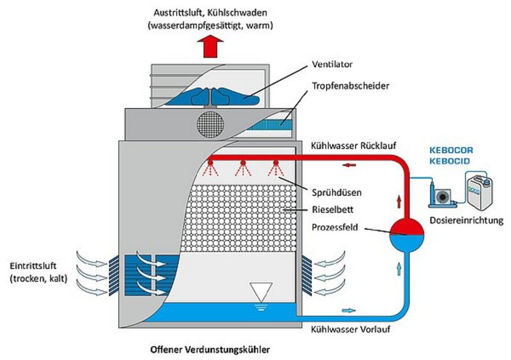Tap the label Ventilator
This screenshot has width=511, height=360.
coord(332,65)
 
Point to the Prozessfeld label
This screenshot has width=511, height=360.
coord(334,227)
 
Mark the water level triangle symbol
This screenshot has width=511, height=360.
coord(260,291)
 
